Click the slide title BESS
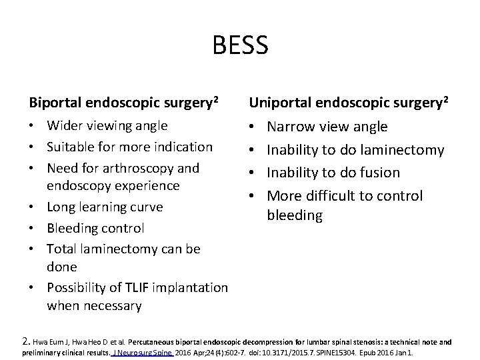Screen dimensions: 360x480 pos(240,45)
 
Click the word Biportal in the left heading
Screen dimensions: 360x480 pos(54,103)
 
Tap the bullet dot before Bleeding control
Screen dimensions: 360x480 pos(34,228)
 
